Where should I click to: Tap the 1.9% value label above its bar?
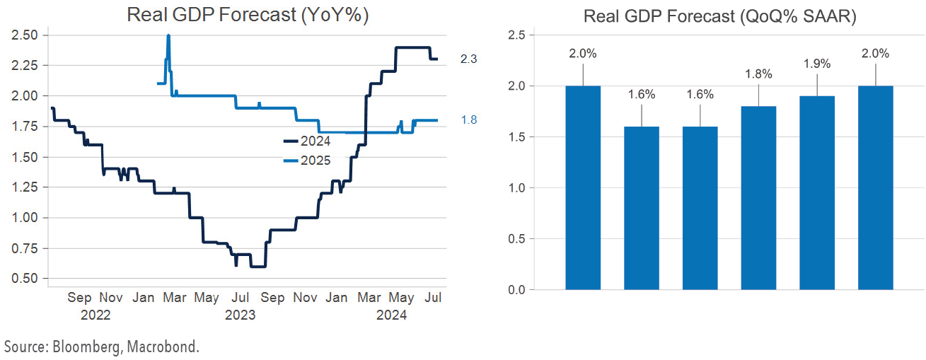[x=817, y=64]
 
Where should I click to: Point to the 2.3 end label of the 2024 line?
[x=468, y=59]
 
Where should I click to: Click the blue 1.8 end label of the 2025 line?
[x=468, y=120]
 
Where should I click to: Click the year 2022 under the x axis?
[x=95, y=315]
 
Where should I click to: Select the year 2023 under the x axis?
[x=240, y=315]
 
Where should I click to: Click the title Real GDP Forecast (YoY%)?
[x=248, y=15]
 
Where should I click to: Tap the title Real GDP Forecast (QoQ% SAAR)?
[x=719, y=17]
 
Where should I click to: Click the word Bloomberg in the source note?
[x=74, y=347]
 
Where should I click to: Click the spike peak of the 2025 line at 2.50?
[x=168, y=36]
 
